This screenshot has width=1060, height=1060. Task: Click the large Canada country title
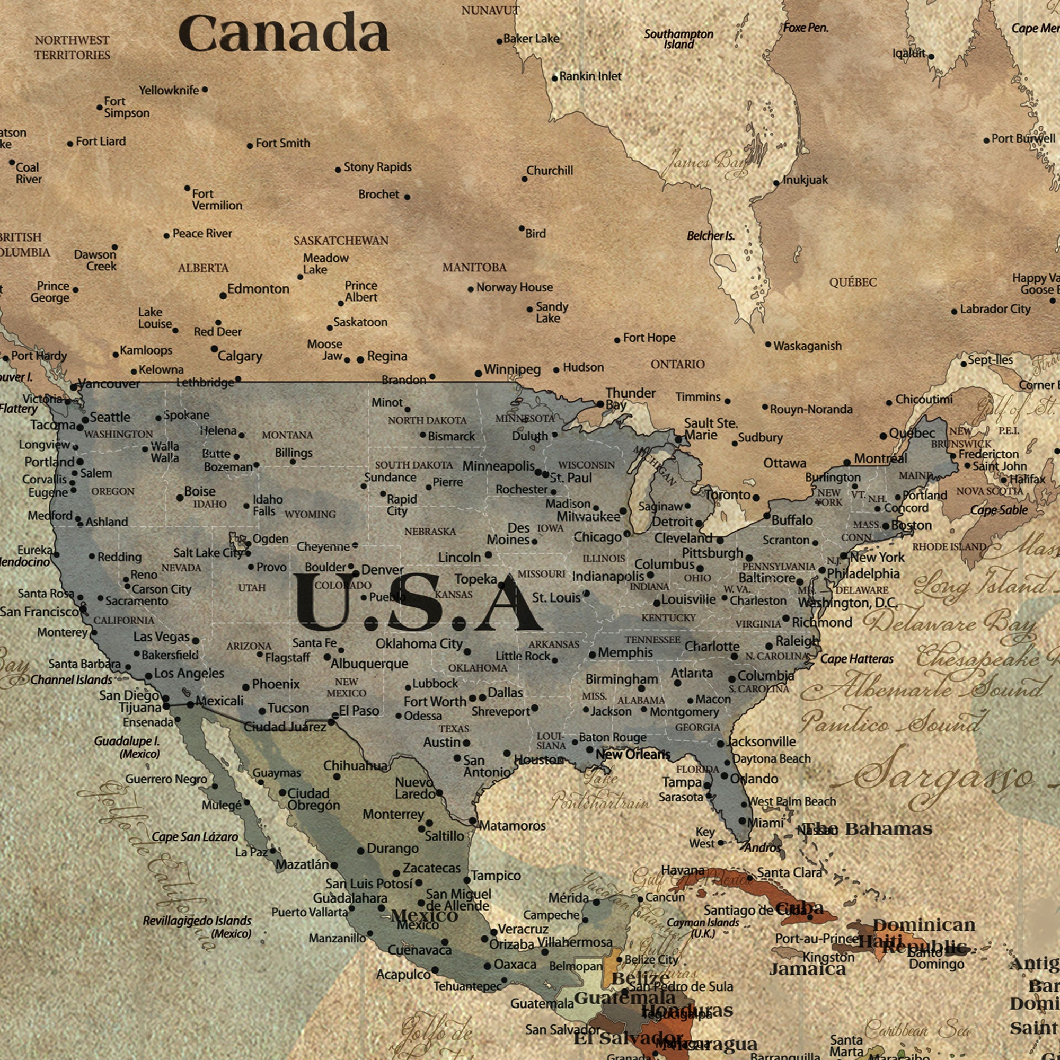tap(284, 34)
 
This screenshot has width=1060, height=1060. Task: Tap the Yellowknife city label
tap(169, 90)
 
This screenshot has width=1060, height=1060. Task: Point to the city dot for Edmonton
tap(223, 296)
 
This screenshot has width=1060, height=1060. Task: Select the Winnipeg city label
tap(512, 369)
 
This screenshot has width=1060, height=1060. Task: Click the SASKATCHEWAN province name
tap(341, 241)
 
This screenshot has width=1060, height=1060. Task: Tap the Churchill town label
tap(549, 171)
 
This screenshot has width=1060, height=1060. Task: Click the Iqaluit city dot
tap(931, 57)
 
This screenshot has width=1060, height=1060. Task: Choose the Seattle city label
tap(110, 417)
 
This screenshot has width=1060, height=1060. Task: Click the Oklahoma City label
tap(419, 643)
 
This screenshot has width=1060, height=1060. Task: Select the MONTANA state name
tap(287, 435)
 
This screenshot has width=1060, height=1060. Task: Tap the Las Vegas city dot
tap(196, 640)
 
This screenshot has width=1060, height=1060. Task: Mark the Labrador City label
tap(995, 309)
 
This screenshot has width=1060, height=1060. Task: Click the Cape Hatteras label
tap(857, 659)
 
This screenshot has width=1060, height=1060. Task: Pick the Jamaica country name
tap(808, 969)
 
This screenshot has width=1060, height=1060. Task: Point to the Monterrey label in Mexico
tap(393, 814)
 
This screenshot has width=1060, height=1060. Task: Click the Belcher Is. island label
tap(711, 236)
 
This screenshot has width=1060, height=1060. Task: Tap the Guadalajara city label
tap(349, 898)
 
